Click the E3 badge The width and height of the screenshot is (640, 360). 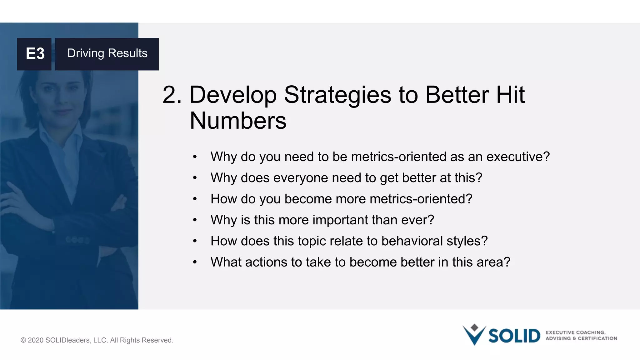tap(34, 54)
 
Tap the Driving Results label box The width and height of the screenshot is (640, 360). tap(107, 54)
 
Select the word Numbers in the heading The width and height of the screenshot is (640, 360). tap(238, 121)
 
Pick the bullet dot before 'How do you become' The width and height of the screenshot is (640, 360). tap(195, 199)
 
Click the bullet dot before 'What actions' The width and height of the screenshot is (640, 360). tap(195, 262)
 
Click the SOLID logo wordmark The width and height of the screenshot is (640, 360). tap(514, 336)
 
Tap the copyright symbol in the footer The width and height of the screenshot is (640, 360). tap(23, 340)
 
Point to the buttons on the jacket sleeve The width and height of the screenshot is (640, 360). tap(77, 240)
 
